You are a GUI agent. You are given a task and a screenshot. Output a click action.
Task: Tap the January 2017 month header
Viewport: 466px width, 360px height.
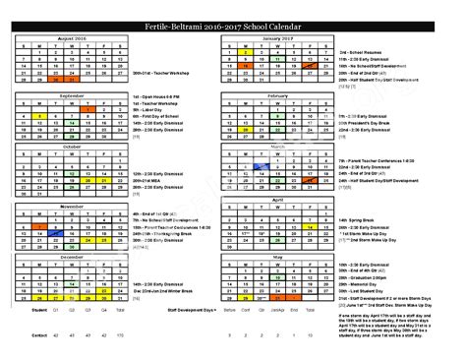tap(277, 35)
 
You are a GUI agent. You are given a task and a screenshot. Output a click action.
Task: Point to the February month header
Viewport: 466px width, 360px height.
tap(277, 94)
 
